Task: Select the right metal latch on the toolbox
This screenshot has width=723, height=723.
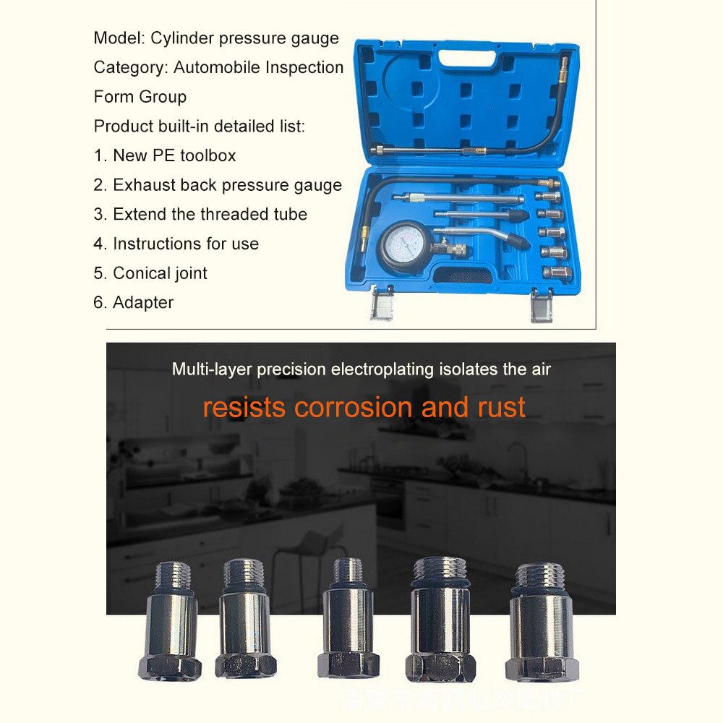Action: [x=542, y=304]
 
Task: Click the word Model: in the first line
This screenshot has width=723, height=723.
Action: [x=119, y=38]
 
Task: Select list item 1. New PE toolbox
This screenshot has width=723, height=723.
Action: [x=165, y=155]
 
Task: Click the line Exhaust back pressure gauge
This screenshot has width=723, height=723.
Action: [x=218, y=185]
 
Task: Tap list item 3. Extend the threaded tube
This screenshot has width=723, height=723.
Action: [x=200, y=215]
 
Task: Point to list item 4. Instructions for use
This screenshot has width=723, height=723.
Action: [x=176, y=244]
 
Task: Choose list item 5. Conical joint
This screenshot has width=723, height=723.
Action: [x=150, y=273]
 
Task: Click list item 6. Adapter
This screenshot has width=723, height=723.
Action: [x=134, y=303]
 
